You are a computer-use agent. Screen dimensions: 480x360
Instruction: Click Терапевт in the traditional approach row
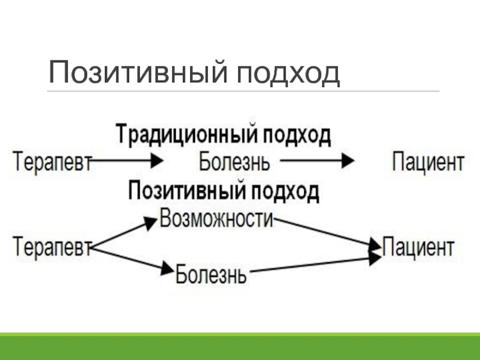coord(52,162)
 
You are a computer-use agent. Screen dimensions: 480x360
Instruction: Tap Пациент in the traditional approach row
coord(428,161)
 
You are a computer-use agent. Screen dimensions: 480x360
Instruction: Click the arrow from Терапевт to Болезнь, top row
coord(128,161)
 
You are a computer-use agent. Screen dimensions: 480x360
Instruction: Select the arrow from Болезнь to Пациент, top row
coord(318,161)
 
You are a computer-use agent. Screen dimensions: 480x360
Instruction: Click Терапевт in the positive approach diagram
coord(52,246)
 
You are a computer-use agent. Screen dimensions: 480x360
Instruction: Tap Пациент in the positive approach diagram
coord(418,246)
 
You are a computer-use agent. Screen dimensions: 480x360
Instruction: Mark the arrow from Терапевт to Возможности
coord(124,233)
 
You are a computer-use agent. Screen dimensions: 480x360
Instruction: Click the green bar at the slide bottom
coord(240,346)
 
